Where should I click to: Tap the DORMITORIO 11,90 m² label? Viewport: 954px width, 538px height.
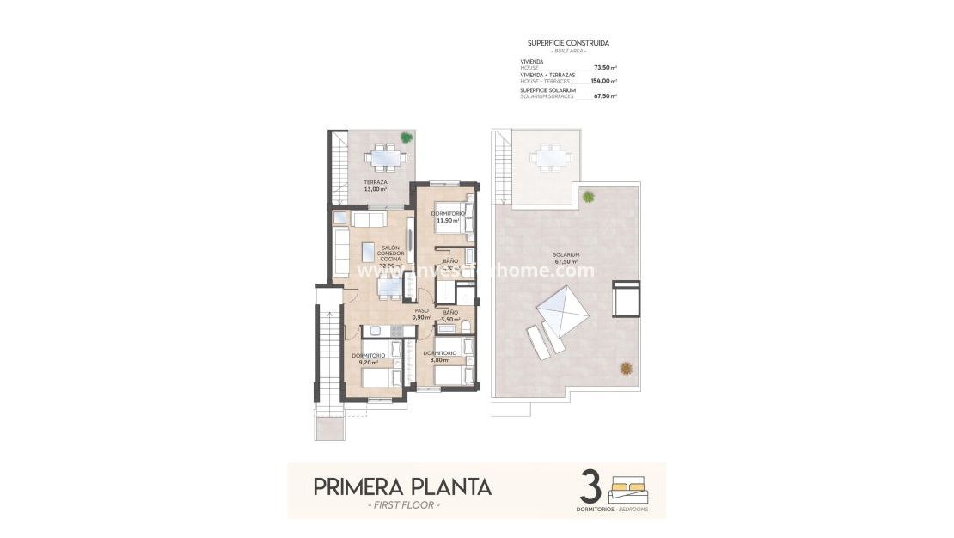448,217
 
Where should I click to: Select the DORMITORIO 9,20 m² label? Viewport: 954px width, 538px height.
368,358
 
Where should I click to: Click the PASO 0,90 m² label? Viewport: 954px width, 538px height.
421,314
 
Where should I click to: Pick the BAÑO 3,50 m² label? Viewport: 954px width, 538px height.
449,315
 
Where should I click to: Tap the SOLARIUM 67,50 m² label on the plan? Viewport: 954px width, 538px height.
566,258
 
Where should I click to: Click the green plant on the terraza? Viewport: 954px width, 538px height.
406,137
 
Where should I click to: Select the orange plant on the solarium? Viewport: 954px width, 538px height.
627,368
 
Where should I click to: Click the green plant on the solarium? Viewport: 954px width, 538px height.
588,197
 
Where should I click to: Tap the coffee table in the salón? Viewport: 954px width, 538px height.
368,251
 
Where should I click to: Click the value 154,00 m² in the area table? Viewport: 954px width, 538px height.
604,81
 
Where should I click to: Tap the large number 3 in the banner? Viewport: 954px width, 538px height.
590,486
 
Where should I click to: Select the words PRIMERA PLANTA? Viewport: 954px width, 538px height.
402,487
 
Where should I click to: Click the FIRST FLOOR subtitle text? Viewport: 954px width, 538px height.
402,505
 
